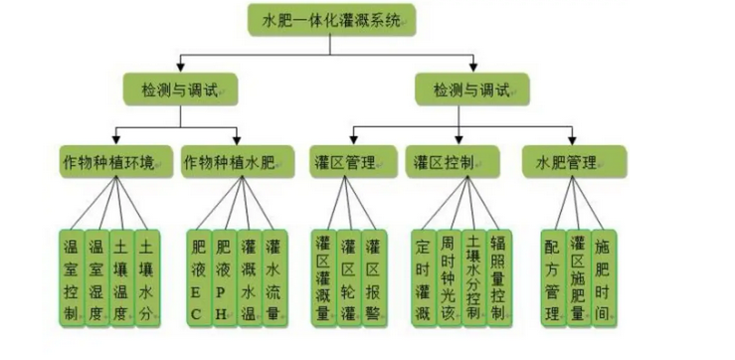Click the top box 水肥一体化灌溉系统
pyautogui.click(x=332, y=19)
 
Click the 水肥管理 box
pyautogui.click(x=574, y=161)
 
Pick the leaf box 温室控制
pyautogui.click(x=71, y=277)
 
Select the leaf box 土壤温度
pyautogui.click(x=121, y=277)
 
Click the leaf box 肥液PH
pyautogui.click(x=223, y=277)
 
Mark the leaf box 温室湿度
pyautogui.click(x=96, y=277)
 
